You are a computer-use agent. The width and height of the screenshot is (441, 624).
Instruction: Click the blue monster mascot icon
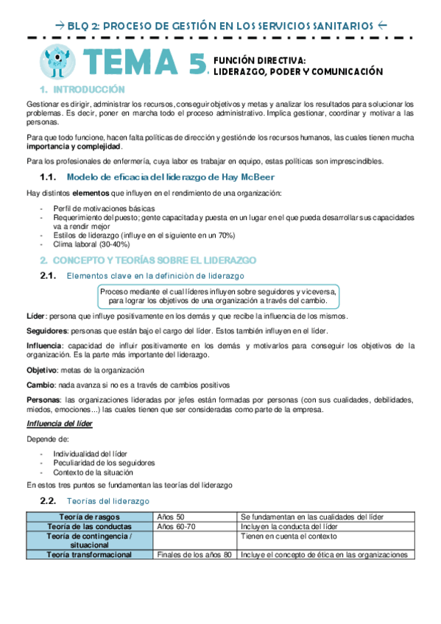click(59, 61)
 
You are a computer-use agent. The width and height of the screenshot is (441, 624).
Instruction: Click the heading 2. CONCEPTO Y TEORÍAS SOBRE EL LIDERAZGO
click(147, 260)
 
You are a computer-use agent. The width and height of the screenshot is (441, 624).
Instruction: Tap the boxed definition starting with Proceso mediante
click(218, 296)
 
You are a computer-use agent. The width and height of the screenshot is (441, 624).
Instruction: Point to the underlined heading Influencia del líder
click(59, 425)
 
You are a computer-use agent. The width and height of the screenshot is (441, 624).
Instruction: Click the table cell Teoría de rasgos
click(90, 517)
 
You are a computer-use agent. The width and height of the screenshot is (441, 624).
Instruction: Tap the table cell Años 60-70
click(176, 527)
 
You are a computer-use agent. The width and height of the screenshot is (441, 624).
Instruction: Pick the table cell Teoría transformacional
click(90, 555)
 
